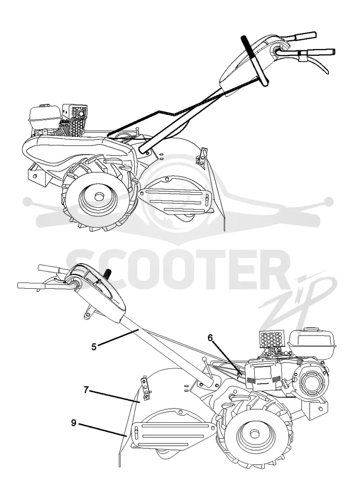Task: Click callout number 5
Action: tap(94, 347)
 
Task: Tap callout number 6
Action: tap(210, 338)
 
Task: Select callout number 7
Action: tap(86, 390)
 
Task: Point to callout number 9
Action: tap(73, 423)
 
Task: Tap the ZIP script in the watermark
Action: tap(297, 299)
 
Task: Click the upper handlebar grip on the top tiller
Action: tap(305, 36)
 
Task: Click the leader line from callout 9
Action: tap(103, 430)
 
